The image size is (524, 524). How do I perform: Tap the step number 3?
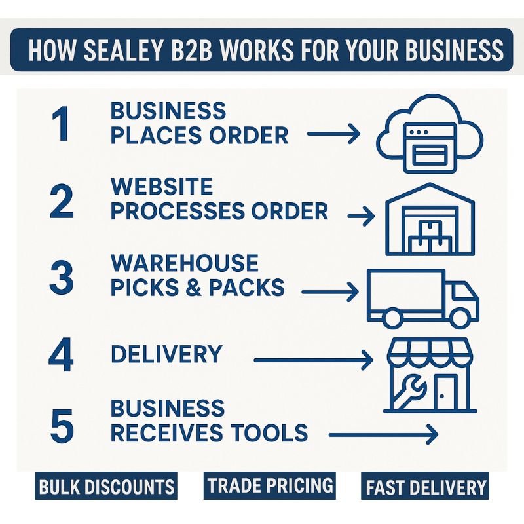point(62,278)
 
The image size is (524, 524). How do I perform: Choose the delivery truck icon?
point(422,298)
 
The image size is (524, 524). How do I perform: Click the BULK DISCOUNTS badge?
point(107,487)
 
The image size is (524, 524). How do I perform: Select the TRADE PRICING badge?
point(270,485)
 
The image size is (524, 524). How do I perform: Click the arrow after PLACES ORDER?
point(333,135)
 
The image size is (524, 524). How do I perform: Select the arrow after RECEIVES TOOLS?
point(383,434)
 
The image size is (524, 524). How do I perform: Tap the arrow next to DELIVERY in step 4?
point(312,359)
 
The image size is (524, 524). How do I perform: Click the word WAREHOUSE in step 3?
point(184,263)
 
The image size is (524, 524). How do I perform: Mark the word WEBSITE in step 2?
point(162,187)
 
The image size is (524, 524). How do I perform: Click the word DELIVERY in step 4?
point(166,354)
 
